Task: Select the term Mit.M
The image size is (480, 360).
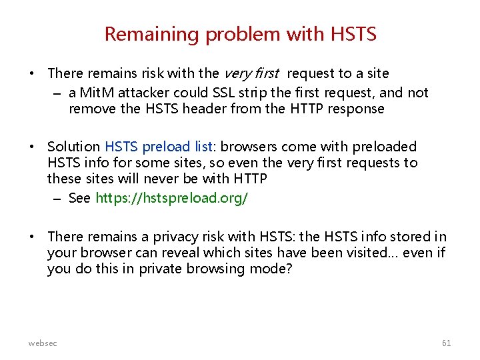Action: [x=97, y=93]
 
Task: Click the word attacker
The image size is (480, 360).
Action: [x=144, y=93]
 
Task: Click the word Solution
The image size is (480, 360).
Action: [x=73, y=147]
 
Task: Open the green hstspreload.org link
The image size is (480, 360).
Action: [x=172, y=198]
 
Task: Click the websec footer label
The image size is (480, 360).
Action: [x=43, y=343]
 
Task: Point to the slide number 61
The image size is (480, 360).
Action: [x=446, y=343]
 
